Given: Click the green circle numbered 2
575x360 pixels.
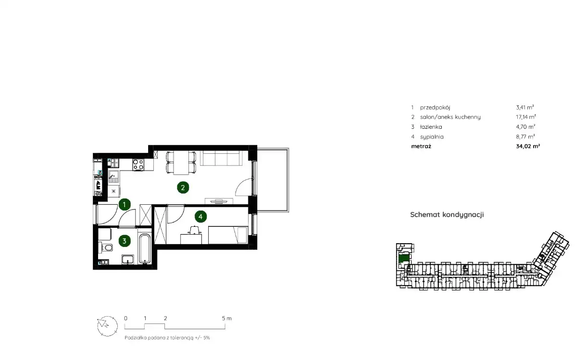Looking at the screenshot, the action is click(x=183, y=188).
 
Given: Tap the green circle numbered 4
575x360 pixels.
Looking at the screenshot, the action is click(x=200, y=217).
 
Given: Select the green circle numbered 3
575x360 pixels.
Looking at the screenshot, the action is click(x=125, y=241).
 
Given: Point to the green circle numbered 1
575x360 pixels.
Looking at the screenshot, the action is click(x=125, y=204).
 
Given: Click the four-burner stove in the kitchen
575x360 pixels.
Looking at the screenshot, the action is click(x=138, y=164).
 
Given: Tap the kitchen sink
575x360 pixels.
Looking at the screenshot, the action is click(x=113, y=177).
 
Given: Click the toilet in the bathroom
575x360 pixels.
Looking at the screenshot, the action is click(x=106, y=248).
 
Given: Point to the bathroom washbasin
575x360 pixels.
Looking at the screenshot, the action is click(x=128, y=260).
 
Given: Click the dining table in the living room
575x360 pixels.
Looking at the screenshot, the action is click(x=181, y=162).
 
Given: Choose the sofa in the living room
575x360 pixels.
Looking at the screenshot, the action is click(x=220, y=158).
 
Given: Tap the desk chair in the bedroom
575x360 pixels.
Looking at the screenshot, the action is click(x=194, y=230).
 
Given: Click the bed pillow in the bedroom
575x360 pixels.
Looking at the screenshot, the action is click(x=242, y=235).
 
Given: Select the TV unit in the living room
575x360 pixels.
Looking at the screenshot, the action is click(x=219, y=201).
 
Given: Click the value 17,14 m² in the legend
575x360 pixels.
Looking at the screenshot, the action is click(x=526, y=117).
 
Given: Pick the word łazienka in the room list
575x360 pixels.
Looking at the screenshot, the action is click(x=431, y=127).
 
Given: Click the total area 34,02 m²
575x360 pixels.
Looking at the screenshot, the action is click(x=528, y=146).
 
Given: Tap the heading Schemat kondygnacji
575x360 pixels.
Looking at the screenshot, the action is click(x=447, y=215).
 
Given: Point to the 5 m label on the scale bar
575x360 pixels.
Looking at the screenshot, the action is click(x=226, y=318).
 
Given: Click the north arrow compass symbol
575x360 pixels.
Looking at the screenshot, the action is click(x=107, y=326).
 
